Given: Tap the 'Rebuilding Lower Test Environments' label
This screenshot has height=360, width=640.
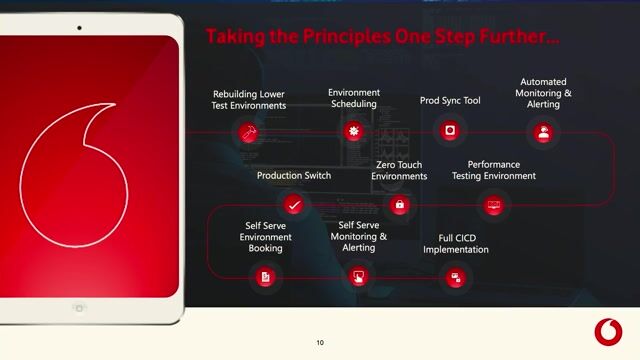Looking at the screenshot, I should click(x=249, y=100).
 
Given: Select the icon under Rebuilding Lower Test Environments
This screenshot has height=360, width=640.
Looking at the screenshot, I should click(x=247, y=131).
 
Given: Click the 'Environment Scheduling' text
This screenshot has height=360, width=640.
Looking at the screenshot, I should click(x=354, y=98).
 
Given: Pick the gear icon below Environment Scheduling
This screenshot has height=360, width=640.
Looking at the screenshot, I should click(x=353, y=131).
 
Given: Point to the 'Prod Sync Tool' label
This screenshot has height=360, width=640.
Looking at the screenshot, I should click(x=451, y=101).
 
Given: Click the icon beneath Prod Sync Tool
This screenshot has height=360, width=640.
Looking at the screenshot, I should click(x=451, y=131).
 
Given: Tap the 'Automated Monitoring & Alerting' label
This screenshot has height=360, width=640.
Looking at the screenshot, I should click(x=543, y=93).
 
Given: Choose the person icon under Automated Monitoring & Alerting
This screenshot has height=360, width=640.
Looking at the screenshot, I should click(x=543, y=131).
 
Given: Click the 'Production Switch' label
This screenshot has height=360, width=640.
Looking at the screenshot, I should click(x=294, y=176).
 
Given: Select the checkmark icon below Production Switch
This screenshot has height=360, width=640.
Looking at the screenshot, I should click(x=293, y=205).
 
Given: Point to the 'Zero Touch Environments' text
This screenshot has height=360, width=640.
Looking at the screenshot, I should click(x=399, y=170).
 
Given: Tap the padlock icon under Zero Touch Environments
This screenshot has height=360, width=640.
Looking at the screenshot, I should click(x=400, y=205).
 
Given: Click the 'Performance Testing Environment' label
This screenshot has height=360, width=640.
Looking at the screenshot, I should click(x=501, y=170).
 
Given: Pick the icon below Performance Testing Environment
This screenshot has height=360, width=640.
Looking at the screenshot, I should click(x=493, y=205).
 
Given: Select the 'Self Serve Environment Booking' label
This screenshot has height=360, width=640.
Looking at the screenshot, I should click(x=265, y=237).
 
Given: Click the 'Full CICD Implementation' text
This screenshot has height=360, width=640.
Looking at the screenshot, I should click(x=456, y=244).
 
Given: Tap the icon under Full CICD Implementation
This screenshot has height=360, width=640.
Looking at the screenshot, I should click(x=456, y=276).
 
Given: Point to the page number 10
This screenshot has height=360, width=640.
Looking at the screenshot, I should click(x=320, y=343).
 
